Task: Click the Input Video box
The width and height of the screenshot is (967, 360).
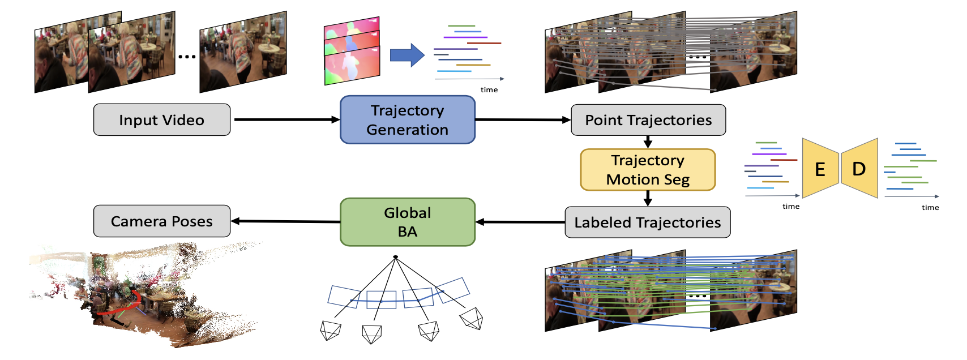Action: pos(161,120)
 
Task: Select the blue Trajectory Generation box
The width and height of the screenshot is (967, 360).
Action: pos(407,120)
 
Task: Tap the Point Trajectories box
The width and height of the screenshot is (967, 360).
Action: pos(648,120)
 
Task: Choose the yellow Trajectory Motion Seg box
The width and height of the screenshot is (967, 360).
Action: pos(648,170)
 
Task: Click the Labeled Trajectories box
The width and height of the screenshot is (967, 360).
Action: pos(647,222)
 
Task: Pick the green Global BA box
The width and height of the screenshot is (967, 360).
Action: pos(407,222)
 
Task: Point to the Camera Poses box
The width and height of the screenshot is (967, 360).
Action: pos(161,221)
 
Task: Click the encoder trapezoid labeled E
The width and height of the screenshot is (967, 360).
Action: pos(820,169)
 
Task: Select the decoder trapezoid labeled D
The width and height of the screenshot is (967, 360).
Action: pos(859,169)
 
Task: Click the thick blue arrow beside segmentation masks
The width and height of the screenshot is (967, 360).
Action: pos(407,55)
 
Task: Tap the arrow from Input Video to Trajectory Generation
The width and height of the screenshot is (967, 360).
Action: pos(286,120)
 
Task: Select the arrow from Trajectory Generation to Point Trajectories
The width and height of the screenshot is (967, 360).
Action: pos(522,120)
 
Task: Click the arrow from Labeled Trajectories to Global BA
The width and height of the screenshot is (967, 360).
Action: pos(520,222)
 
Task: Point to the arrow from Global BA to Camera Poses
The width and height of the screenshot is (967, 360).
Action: pos(285,221)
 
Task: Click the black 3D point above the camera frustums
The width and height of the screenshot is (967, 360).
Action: pos(396,258)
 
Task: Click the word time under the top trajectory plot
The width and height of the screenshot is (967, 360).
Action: pos(489,90)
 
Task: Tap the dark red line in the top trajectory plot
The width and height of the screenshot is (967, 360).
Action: pos(484,43)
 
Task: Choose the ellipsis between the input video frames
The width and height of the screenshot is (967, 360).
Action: pos(187,57)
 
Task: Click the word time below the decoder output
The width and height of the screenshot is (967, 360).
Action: pos(930,208)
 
